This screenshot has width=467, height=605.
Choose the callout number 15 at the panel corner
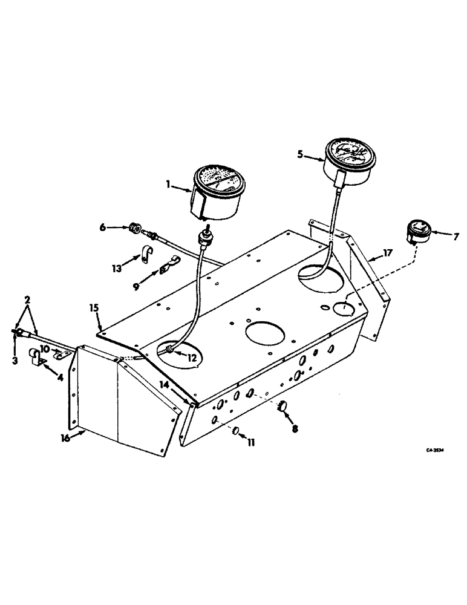click(x=94, y=309)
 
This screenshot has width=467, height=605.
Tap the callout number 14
click(x=165, y=385)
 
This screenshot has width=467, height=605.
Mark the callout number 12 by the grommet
click(x=192, y=358)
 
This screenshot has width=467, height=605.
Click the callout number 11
click(x=250, y=443)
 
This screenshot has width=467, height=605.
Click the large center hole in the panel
click(x=259, y=333)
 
